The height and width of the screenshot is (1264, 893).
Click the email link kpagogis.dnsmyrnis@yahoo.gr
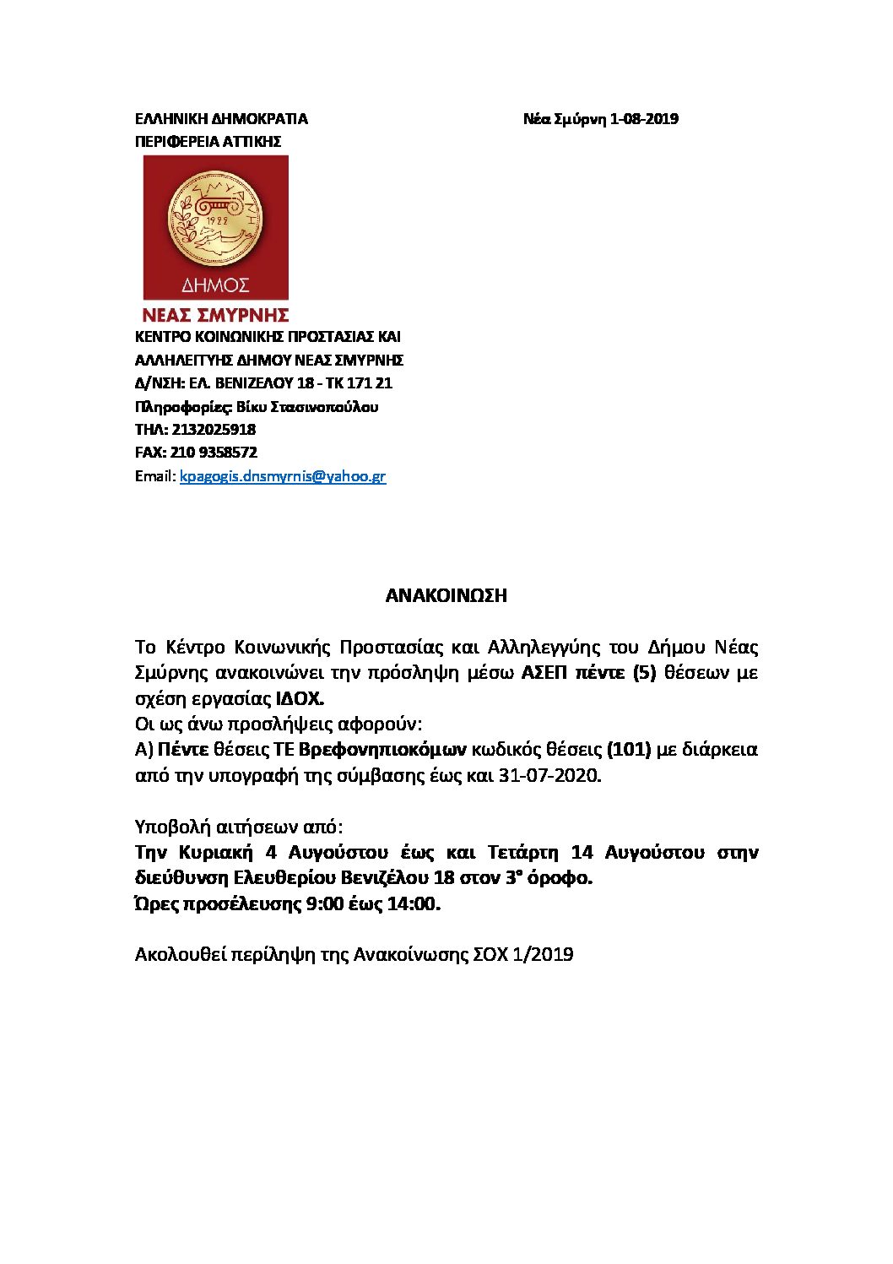click(283, 476)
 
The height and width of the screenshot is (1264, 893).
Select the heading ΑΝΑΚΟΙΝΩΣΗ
click(446, 595)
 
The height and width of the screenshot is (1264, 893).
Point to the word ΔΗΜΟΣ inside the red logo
click(215, 285)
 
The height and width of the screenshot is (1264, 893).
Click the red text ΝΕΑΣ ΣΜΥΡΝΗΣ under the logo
click(215, 316)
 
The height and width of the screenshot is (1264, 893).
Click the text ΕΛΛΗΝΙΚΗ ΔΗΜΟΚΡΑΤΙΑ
click(221, 119)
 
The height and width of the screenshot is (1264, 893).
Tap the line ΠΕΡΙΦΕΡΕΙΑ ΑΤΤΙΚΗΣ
click(208, 142)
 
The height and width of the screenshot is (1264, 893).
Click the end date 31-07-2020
click(549, 775)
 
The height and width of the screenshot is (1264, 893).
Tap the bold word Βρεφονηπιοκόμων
click(382, 750)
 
